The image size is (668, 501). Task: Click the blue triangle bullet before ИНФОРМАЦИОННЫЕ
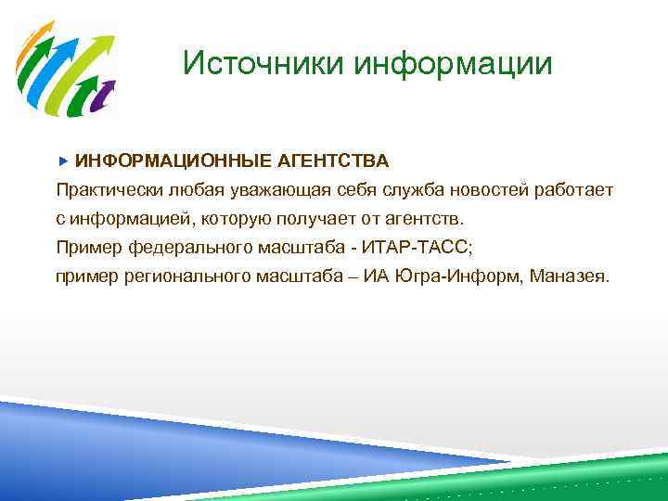pyautogui.click(x=63, y=161)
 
